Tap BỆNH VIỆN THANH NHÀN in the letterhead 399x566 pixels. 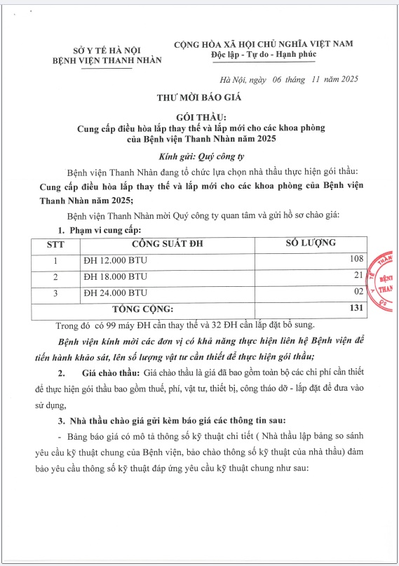[x=107, y=60]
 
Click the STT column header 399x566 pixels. [x=55, y=245]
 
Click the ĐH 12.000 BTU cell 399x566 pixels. [x=116, y=261]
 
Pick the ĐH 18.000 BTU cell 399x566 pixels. [x=116, y=276]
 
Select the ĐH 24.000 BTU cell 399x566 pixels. [x=116, y=292]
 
